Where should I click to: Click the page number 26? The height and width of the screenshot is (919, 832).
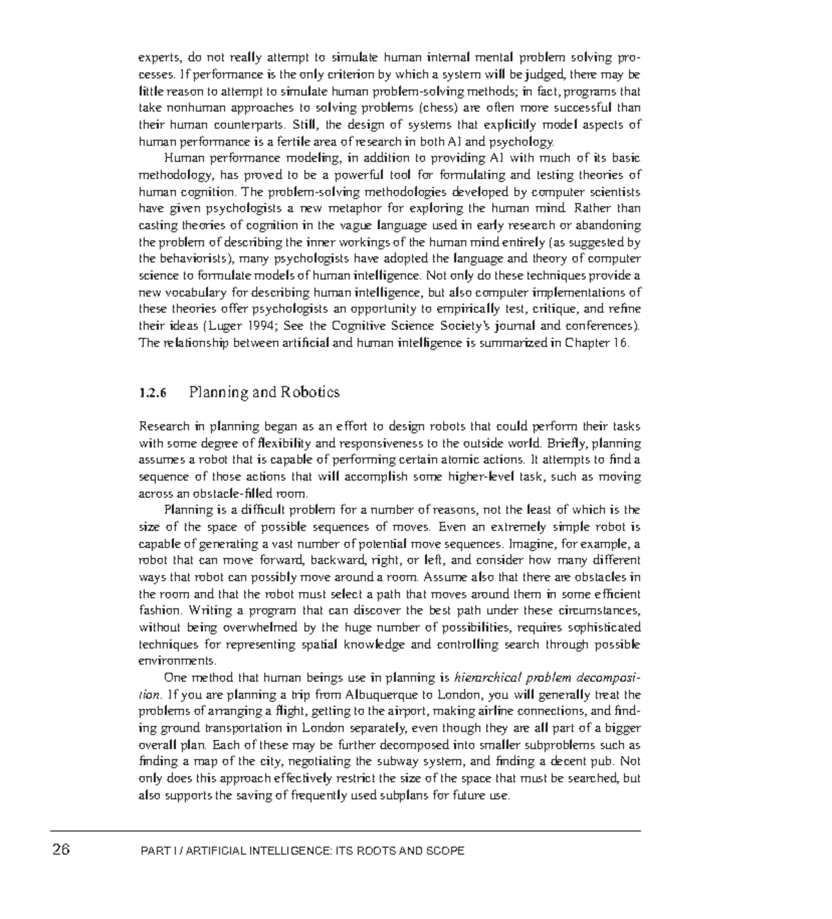click(x=61, y=850)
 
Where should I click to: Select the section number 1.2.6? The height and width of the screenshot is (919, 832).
click(x=153, y=393)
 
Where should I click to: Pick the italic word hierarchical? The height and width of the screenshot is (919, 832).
click(x=487, y=678)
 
